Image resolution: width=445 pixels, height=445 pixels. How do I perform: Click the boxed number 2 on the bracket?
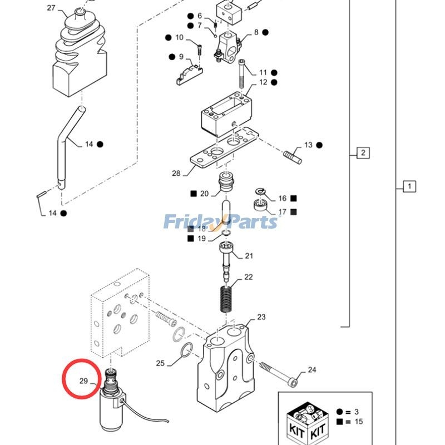click(362, 153)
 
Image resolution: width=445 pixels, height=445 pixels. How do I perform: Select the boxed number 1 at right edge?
click(409, 186)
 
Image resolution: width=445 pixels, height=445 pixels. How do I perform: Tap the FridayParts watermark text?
click(220, 222)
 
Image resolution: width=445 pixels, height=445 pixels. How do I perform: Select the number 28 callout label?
click(176, 174)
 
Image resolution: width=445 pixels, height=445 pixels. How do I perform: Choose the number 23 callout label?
click(261, 317)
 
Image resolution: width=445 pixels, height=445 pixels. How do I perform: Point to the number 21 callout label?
click(249, 256)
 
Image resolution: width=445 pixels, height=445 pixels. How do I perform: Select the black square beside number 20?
click(194, 194)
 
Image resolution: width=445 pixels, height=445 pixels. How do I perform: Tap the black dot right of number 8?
click(265, 32)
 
